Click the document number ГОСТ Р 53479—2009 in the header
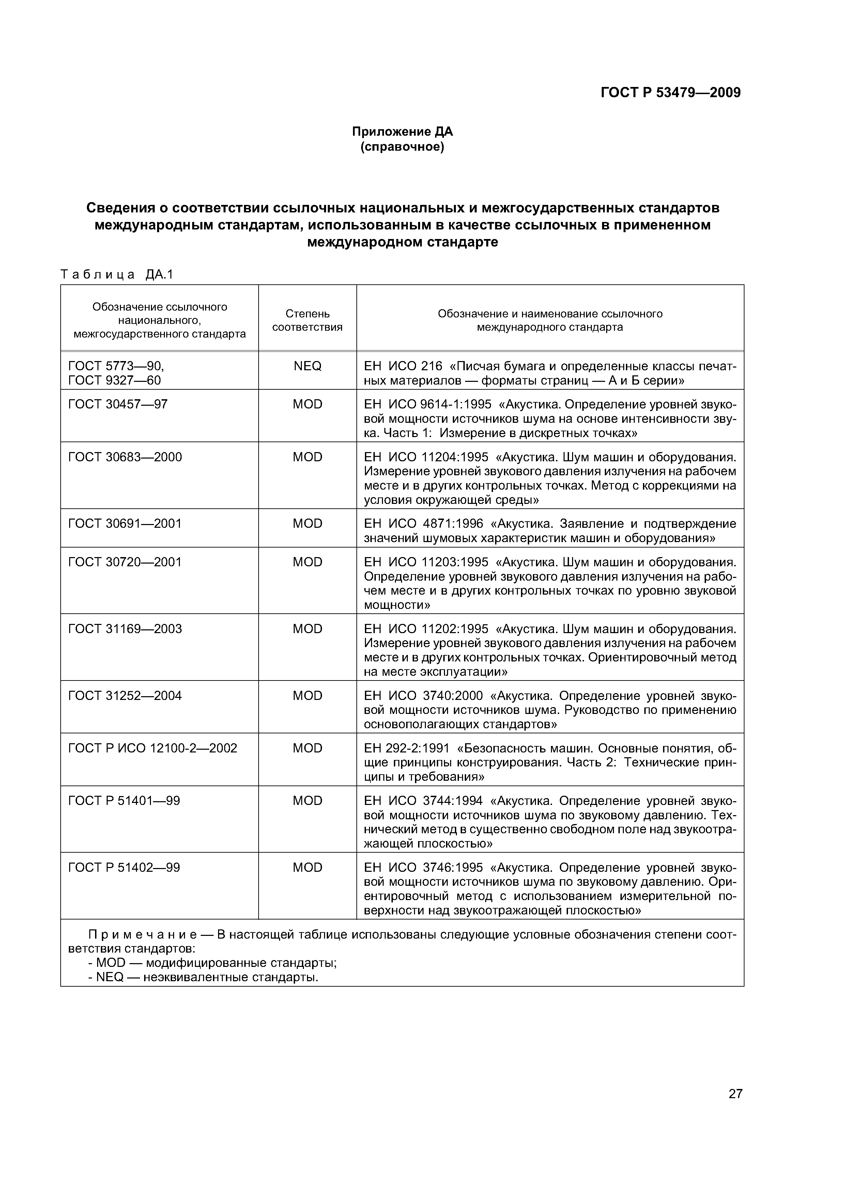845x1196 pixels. click(670, 93)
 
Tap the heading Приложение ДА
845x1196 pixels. click(402, 132)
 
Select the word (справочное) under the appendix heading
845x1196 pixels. click(402, 147)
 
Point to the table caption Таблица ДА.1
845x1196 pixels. click(116, 274)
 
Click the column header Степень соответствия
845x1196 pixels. click(307, 320)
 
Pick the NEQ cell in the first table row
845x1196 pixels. click(307, 366)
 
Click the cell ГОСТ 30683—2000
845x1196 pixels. click(125, 457)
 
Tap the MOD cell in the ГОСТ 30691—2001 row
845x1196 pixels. click(307, 524)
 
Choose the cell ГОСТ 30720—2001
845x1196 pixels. click(125, 562)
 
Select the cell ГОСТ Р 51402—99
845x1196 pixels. click(124, 867)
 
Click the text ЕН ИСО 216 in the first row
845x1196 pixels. click(402, 366)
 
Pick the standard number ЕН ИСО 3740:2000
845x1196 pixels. click(423, 696)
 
